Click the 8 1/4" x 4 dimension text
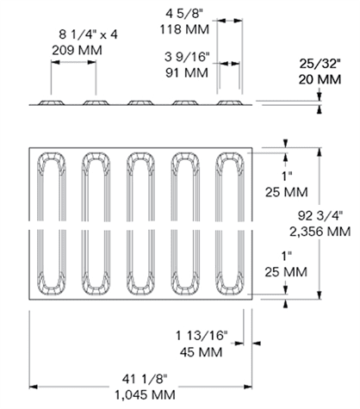(x=88, y=34)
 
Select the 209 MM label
(x=77, y=50)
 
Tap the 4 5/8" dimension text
(x=184, y=14)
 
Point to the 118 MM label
(x=184, y=29)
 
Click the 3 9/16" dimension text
(x=187, y=57)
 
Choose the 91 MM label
(x=187, y=72)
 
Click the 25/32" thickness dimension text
(x=320, y=64)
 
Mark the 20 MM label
(x=320, y=79)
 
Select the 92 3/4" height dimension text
(x=320, y=215)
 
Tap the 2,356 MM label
(x=320, y=232)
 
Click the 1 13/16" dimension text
(x=202, y=335)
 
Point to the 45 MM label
(x=201, y=352)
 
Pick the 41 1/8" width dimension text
(x=145, y=379)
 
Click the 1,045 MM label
(x=145, y=395)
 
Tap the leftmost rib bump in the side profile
(x=52, y=102)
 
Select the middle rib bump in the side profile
(x=140, y=102)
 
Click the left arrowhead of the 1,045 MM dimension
(x=33, y=387)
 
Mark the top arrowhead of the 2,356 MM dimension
(x=319, y=152)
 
